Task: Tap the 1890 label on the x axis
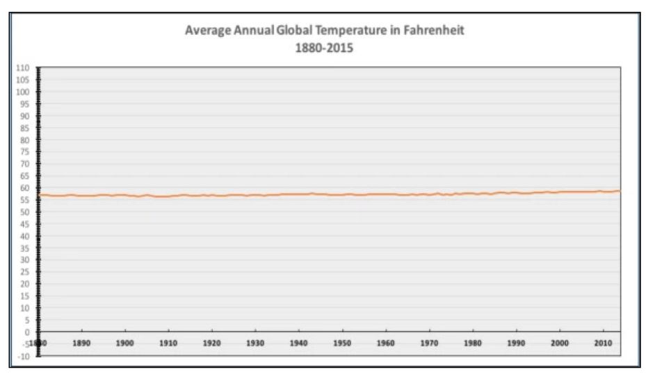[x=82, y=343]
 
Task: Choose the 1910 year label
[x=168, y=343]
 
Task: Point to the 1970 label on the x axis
[x=429, y=343]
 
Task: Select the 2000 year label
[x=559, y=343]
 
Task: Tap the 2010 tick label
[x=603, y=343]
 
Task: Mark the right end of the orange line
[x=620, y=191]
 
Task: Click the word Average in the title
[x=207, y=31]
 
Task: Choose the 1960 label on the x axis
[x=386, y=343]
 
